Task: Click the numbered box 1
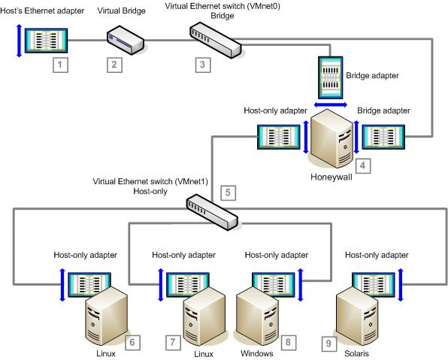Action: pyautogui.click(x=60, y=65)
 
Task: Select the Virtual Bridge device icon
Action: pyautogui.click(x=125, y=41)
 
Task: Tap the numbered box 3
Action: pyautogui.click(x=203, y=65)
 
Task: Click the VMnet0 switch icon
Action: pyautogui.click(x=215, y=41)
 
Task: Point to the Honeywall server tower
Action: pyautogui.click(x=331, y=139)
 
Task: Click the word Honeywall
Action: pyautogui.click(x=331, y=177)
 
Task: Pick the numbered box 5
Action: pyautogui.click(x=228, y=192)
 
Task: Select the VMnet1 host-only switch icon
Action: pyautogui.click(x=212, y=212)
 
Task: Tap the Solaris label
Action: pyautogui.click(x=356, y=353)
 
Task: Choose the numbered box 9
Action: pyautogui.click(x=328, y=343)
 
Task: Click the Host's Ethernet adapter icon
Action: pyautogui.click(x=47, y=41)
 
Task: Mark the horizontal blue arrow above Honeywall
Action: pyautogui.click(x=331, y=105)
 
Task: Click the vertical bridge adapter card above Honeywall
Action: pyautogui.click(x=331, y=77)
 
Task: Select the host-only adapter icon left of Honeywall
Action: pyautogui.click(x=279, y=137)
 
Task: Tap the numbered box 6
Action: pyautogui.click(x=132, y=342)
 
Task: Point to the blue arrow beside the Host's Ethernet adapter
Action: pyautogui.click(x=19, y=41)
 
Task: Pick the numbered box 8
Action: pyautogui.click(x=288, y=342)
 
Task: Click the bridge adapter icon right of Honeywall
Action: pyautogui.click(x=383, y=137)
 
